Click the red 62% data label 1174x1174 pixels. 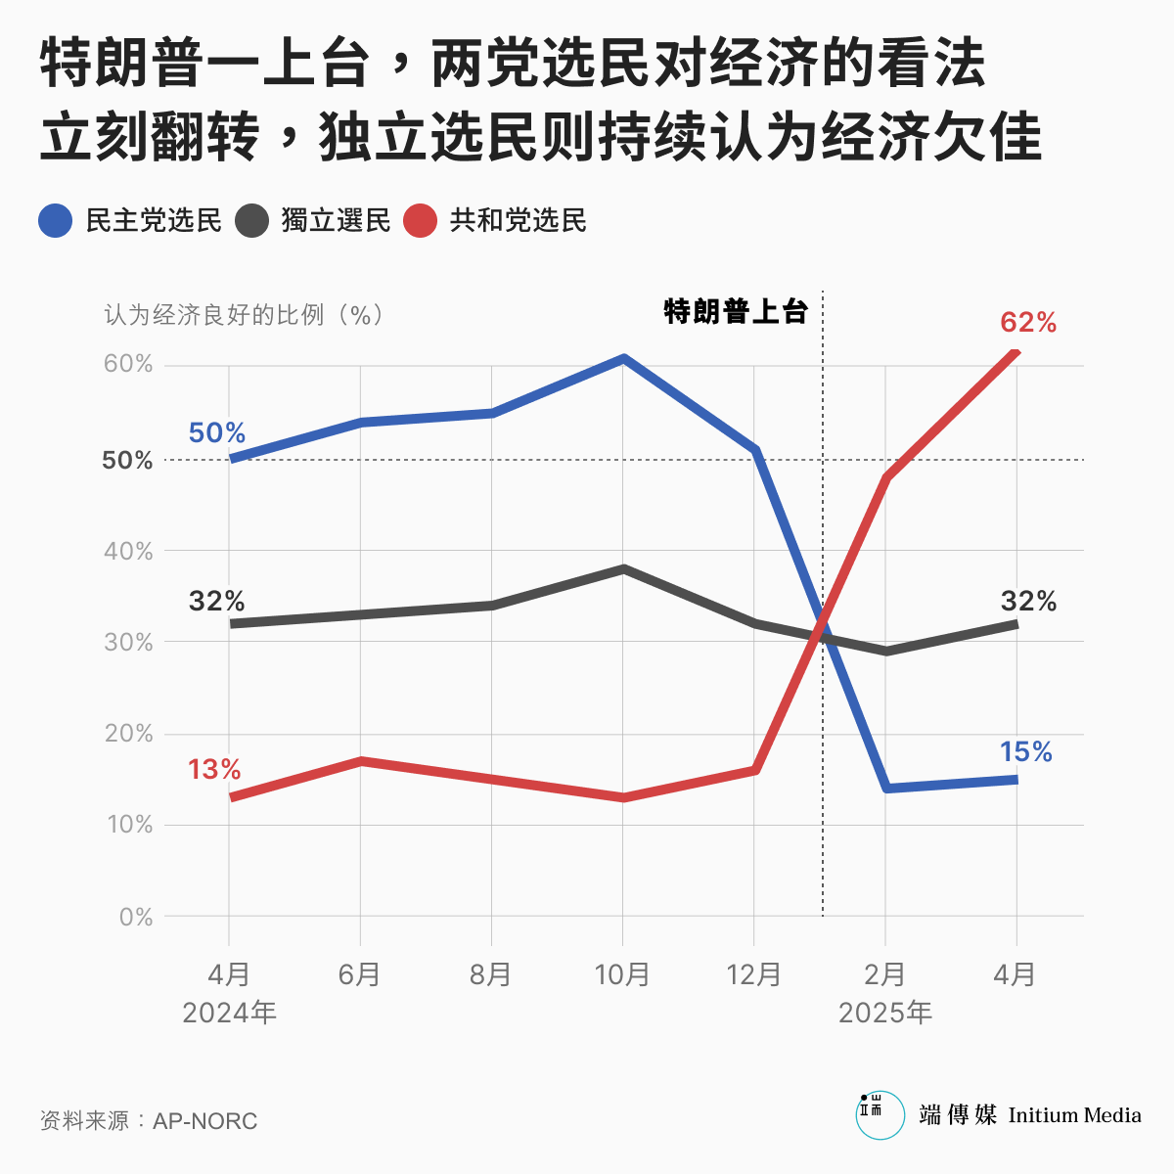(x=1028, y=323)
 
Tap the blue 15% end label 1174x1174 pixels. (x=1025, y=751)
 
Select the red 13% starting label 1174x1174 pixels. (x=214, y=770)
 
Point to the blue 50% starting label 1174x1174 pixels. (x=216, y=432)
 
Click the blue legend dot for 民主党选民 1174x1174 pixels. (x=56, y=221)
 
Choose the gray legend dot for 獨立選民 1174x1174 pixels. (x=251, y=221)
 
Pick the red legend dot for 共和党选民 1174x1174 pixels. (x=420, y=221)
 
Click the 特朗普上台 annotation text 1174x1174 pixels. (x=736, y=312)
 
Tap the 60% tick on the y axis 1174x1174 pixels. (x=129, y=364)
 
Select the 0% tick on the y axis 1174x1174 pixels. (x=136, y=918)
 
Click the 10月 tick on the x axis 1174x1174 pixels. (x=623, y=974)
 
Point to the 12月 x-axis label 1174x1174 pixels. (x=754, y=974)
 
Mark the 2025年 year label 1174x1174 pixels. (x=885, y=1013)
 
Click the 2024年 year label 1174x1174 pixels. (x=229, y=1013)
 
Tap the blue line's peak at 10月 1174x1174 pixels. (x=623, y=358)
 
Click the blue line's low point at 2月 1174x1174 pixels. (x=886, y=788)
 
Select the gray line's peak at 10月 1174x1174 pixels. (x=623, y=568)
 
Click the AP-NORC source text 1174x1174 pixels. (x=204, y=1121)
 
